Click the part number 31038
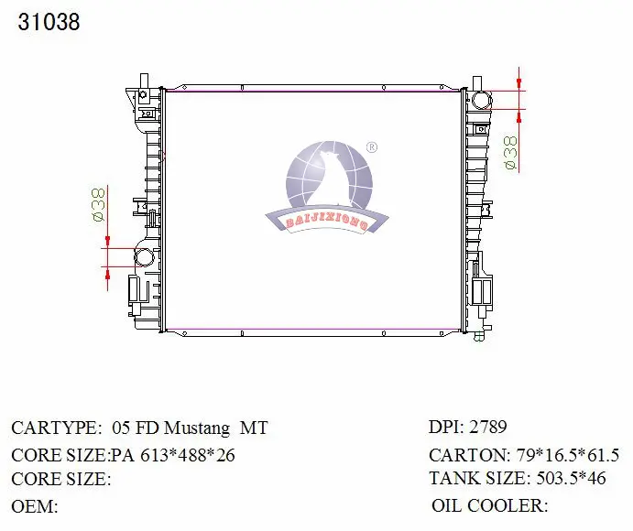coord(49,22)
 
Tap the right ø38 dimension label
coord(510,153)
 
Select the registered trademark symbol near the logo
coord(371,146)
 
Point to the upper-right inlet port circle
coord(481,100)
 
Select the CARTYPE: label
coord(56,428)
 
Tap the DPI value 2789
coord(488,427)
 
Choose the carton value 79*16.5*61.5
coord(569,454)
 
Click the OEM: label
coord(34,505)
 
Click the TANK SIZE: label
coord(477,478)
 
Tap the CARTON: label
coord(469,454)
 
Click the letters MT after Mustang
coord(254,428)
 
